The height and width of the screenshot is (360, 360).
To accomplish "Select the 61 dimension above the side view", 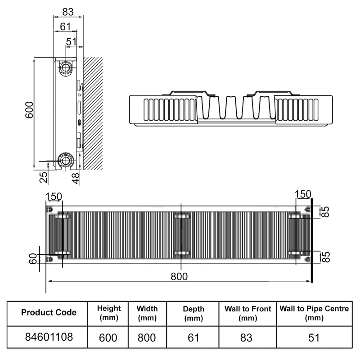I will pos(65,27).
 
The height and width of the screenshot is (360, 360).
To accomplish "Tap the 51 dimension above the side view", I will pos(71,41).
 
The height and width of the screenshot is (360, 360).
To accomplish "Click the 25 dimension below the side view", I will pos(44,177).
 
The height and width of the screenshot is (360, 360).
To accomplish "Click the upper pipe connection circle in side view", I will pos(66,68).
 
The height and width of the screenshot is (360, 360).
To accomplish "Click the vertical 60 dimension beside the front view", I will pos(32,259).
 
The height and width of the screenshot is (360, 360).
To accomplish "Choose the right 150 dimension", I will pos(302,194).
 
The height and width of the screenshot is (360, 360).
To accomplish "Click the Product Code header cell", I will pos(49,312).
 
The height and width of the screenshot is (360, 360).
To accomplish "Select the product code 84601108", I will pos(49,337).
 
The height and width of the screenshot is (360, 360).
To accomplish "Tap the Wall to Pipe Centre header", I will pos(314,313).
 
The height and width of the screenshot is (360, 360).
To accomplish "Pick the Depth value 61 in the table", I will pos(193,337).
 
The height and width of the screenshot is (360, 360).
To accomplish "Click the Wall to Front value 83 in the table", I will pos(247,337).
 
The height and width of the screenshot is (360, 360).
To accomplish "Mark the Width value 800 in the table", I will pos(147,337).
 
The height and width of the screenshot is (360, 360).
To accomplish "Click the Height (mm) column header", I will pos(109,313).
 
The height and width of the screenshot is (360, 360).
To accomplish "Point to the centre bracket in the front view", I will pos(181,235).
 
